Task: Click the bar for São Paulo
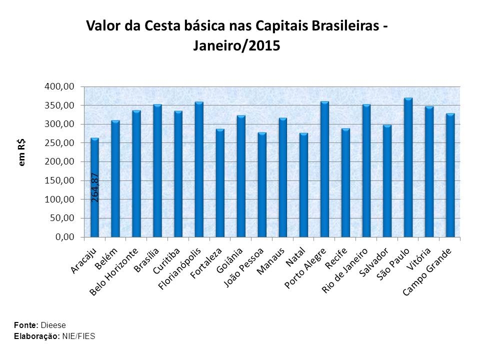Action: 408,167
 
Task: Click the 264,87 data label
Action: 95,186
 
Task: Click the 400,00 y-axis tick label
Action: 59,86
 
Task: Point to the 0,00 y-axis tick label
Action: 64,237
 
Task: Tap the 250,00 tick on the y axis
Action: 59,143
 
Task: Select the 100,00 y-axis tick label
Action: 59,199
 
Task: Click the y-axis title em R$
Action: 22,152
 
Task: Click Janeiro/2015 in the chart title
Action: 236,46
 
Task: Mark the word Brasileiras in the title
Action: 340,25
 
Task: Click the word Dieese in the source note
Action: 53,325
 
